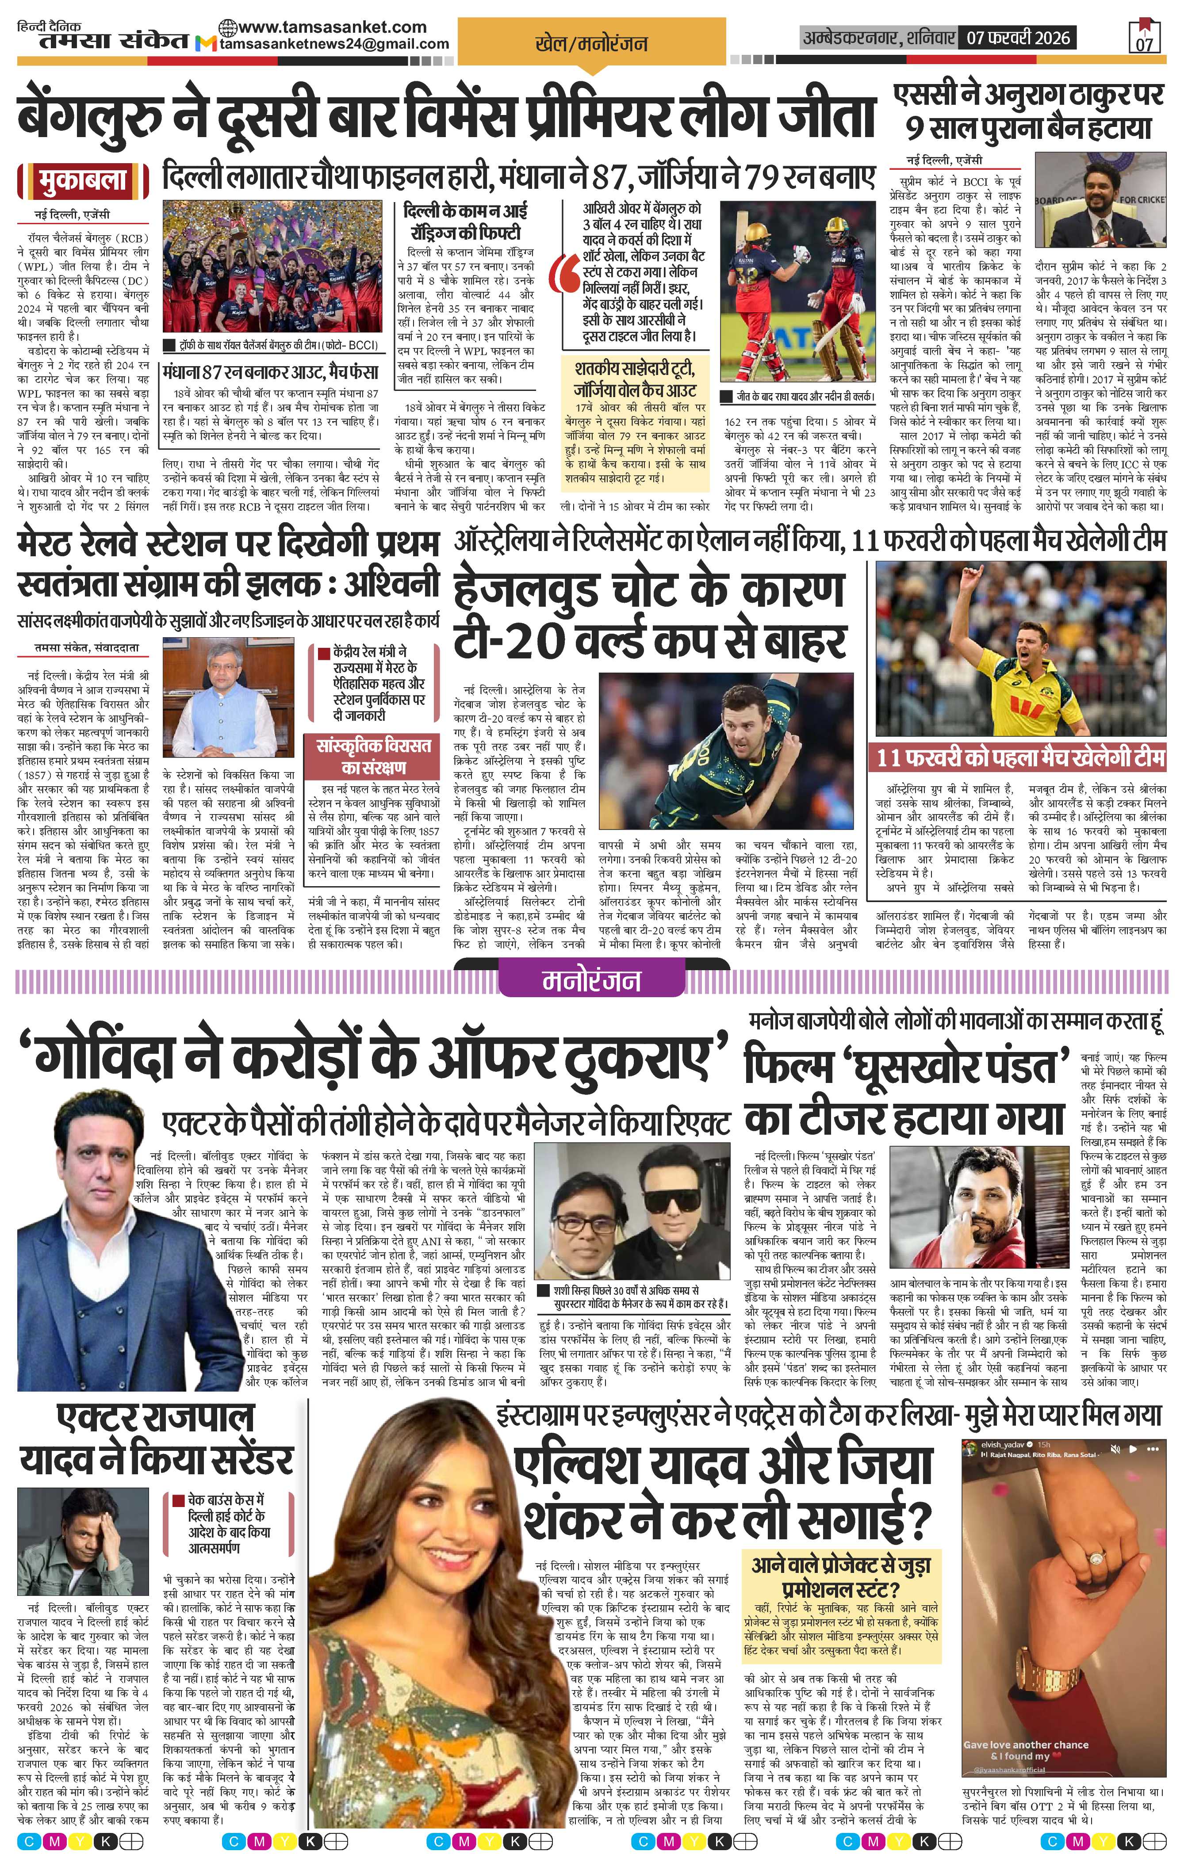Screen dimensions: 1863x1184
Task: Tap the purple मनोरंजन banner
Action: click(x=591, y=981)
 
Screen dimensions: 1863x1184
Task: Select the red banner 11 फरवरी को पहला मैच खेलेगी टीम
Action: click(x=1020, y=757)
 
